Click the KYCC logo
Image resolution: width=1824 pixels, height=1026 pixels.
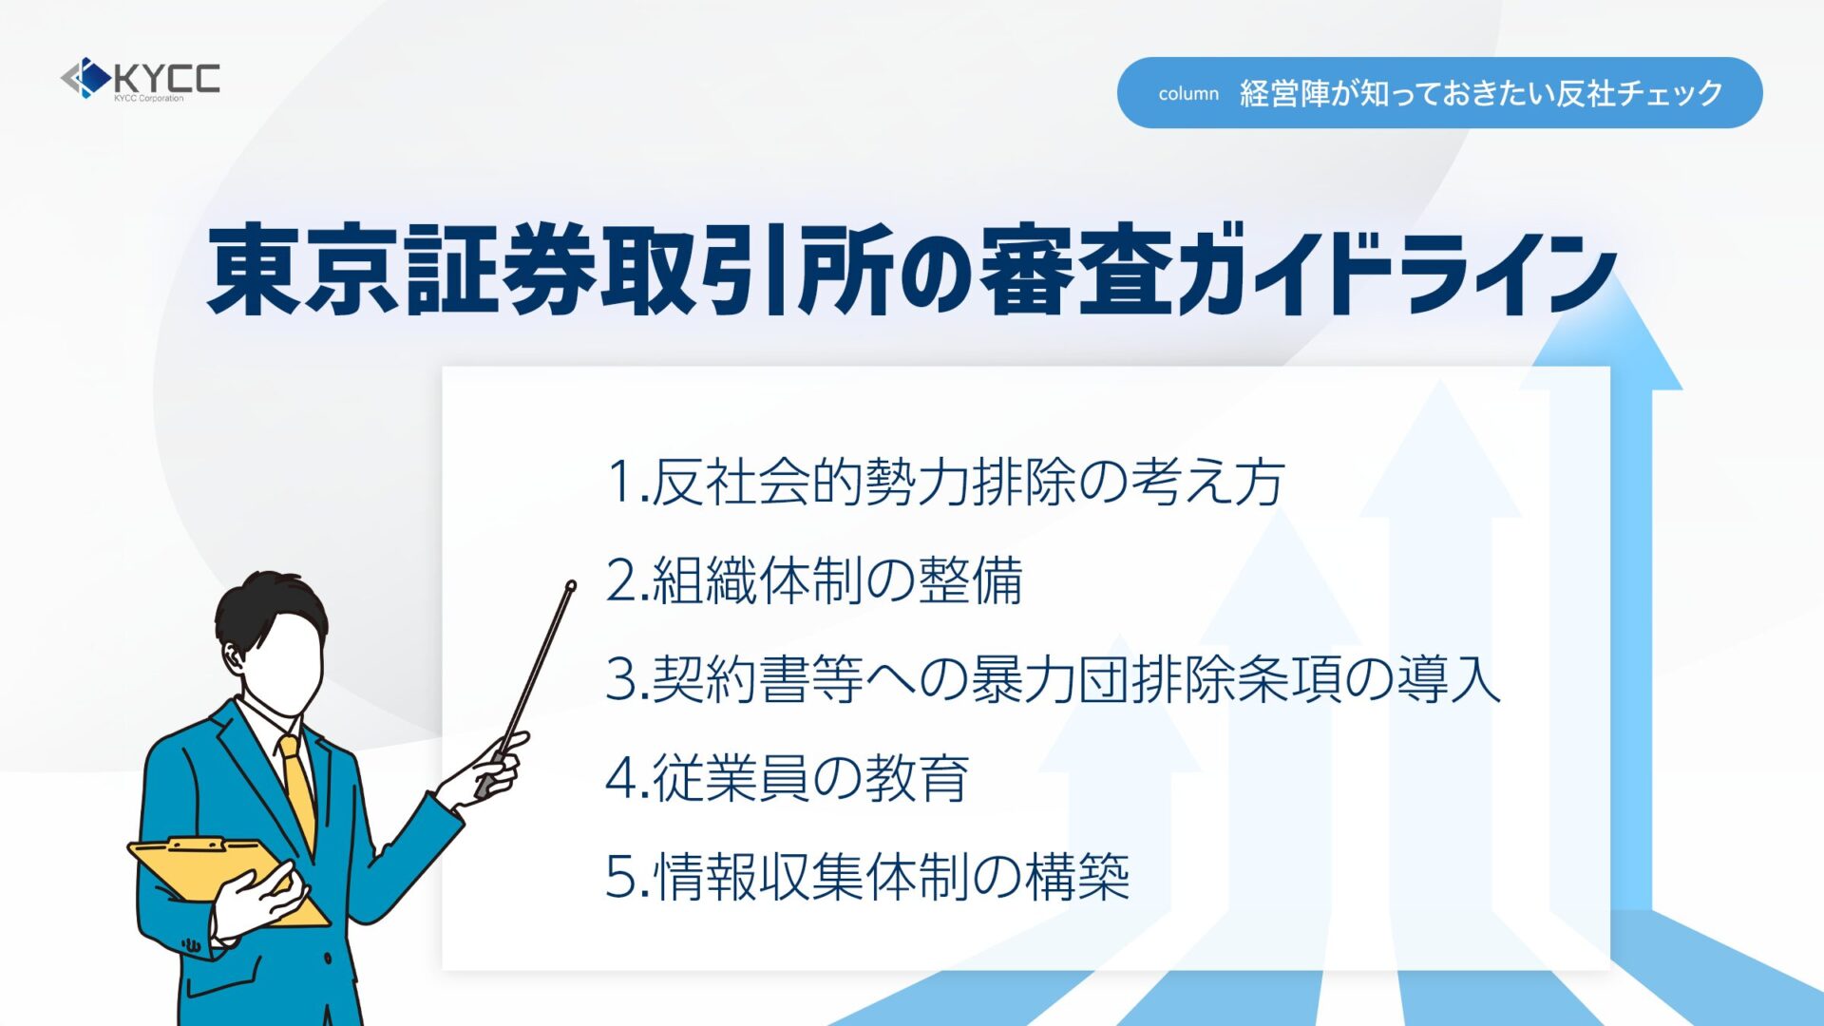(x=141, y=79)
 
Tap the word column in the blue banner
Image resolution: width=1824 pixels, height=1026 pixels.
(x=1188, y=94)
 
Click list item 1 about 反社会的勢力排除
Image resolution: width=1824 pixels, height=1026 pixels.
(x=946, y=482)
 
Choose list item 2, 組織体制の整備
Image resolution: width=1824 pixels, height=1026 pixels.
(x=814, y=580)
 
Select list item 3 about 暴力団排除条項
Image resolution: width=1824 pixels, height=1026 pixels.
(x=1054, y=679)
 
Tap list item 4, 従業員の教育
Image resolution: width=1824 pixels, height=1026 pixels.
(x=788, y=778)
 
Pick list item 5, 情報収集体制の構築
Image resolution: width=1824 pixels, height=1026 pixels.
(x=867, y=877)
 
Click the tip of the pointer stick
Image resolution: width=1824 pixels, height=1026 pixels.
(x=571, y=585)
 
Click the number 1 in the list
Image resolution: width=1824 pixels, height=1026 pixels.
(x=620, y=483)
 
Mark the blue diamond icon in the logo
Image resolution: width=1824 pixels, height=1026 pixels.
(x=92, y=78)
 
